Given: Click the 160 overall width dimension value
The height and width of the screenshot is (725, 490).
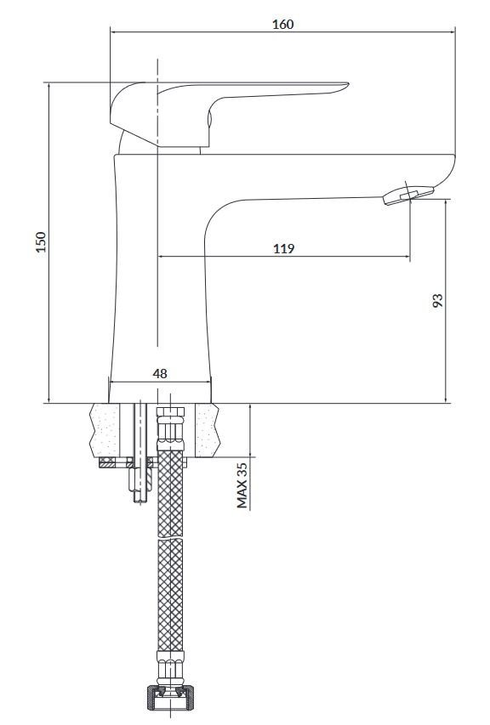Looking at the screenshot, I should click(x=283, y=24).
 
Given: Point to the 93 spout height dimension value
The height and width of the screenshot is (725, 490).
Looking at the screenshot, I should click(x=437, y=302).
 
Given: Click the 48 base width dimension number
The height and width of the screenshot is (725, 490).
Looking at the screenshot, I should click(x=159, y=373).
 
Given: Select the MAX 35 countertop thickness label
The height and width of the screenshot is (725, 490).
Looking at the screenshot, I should click(x=242, y=485).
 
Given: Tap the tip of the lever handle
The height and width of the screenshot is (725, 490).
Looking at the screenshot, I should click(x=344, y=84).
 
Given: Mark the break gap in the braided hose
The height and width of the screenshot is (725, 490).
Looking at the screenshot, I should click(x=171, y=539).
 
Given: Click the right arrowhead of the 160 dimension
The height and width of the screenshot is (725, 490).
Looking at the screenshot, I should click(x=453, y=33).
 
